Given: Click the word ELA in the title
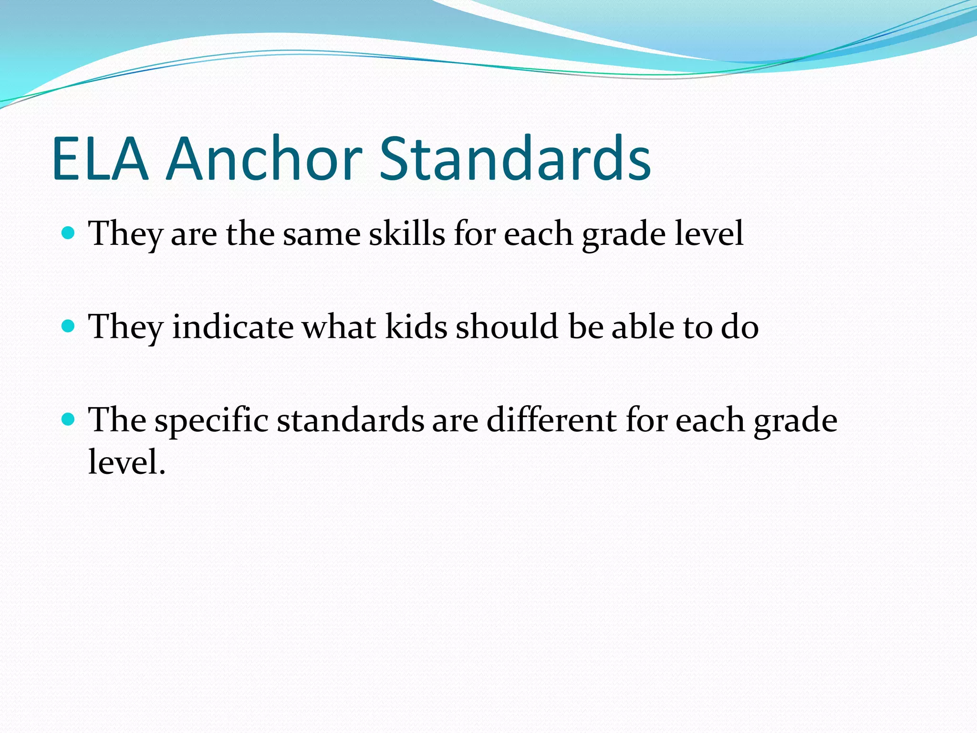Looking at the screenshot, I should coord(100,159).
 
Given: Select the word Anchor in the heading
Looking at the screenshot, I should coord(264,159).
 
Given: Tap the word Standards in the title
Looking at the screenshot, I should coord(515,159).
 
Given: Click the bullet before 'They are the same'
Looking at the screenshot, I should coord(69,233).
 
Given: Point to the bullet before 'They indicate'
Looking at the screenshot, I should coord(69,326).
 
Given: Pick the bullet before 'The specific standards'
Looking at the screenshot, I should coord(69,419).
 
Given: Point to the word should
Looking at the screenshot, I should coord(507,327).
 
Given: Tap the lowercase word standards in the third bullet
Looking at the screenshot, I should coord(351,420).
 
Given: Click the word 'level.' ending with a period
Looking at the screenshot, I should coord(126,462).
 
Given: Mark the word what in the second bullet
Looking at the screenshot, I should coord(339,327).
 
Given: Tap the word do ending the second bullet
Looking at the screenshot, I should coord(739,327).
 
